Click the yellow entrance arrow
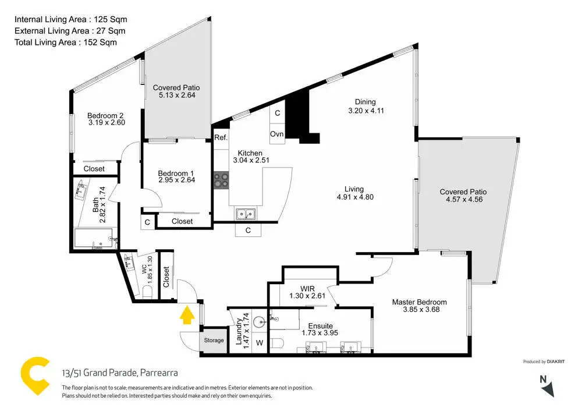pyautogui.click(x=186, y=315)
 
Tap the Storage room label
pyautogui.click(x=213, y=340)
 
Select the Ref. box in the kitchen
pyautogui.click(x=221, y=138)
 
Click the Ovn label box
pyautogui.click(x=277, y=134)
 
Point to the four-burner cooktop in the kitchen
pyautogui.click(x=221, y=180)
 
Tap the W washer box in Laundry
pyautogui.click(x=260, y=343)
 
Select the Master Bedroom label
pyautogui.click(x=419, y=302)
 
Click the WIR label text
pyautogui.click(x=307, y=288)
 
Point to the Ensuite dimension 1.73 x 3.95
pyautogui.click(x=320, y=333)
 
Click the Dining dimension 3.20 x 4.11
pyautogui.click(x=366, y=110)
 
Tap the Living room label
pyautogui.click(x=354, y=189)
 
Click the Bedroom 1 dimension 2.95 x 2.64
pyautogui.click(x=176, y=181)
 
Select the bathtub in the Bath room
pyautogui.click(x=94, y=239)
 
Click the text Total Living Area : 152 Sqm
pyautogui.click(x=65, y=42)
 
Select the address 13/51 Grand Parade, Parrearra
pyautogui.click(x=120, y=373)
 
